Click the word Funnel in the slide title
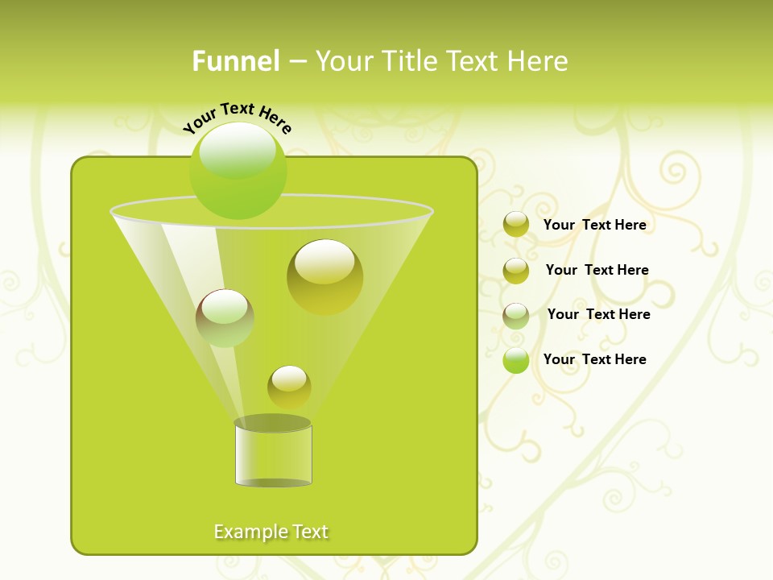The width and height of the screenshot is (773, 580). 235,61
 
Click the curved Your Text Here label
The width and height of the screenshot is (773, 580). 238,117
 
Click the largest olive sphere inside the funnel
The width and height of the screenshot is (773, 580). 324,276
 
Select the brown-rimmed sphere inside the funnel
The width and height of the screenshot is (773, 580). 225,318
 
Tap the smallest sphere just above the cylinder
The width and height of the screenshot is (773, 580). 289,387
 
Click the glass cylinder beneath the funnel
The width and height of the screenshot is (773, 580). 273,455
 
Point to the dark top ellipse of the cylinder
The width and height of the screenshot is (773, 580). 273,423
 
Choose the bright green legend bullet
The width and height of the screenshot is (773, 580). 516,360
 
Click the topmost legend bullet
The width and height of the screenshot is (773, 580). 516,225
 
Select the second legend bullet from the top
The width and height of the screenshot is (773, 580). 516,270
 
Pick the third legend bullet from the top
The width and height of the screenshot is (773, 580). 516,315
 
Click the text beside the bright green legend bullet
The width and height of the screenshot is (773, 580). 594,359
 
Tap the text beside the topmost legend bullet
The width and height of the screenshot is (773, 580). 594,225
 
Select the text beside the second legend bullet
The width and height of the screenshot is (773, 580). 597,270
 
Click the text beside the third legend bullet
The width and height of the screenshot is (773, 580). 598,314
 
